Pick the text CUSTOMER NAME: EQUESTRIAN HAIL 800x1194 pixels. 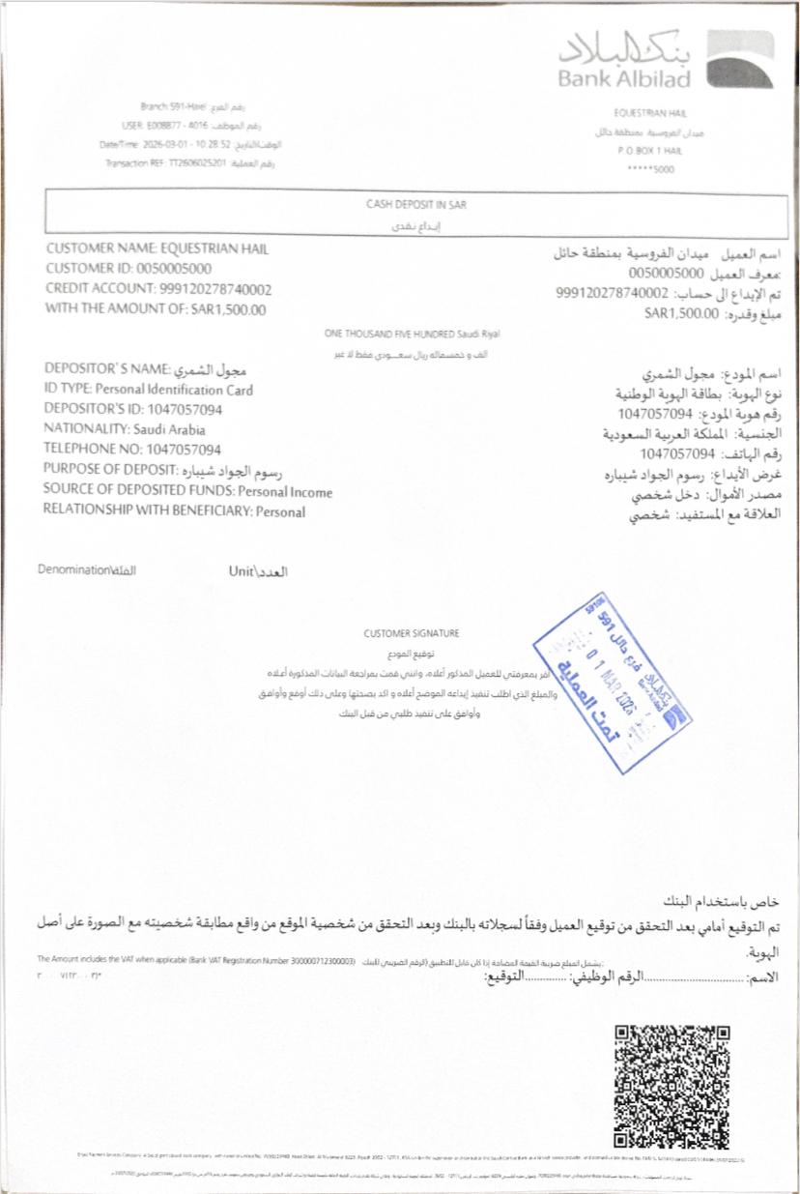coord(157,248)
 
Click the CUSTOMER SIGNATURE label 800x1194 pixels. coord(412,634)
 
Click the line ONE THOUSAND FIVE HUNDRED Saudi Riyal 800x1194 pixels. coord(413,334)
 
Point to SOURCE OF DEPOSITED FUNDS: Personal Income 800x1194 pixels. coord(187,491)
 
